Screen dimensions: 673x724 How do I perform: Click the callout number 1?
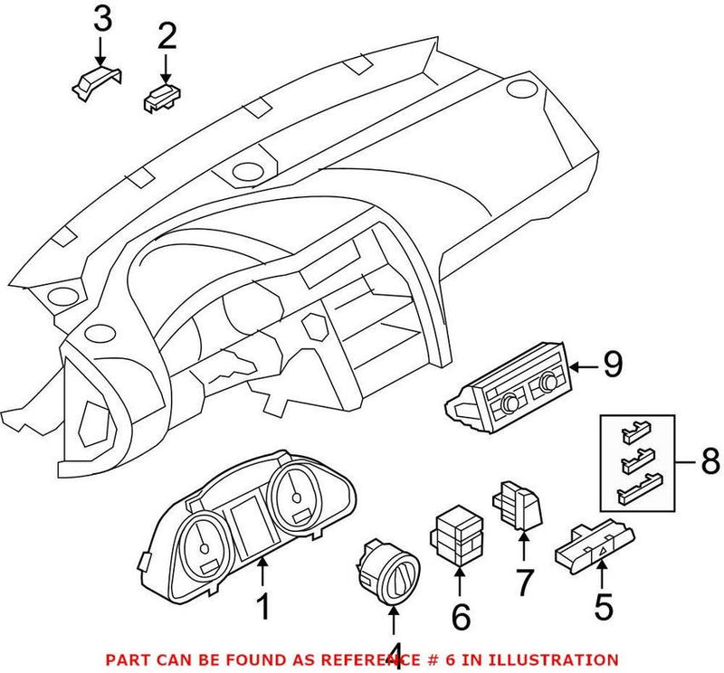pos(263,605)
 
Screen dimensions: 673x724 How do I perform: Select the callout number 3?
pos(104,17)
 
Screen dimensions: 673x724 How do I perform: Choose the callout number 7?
pos(525,583)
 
